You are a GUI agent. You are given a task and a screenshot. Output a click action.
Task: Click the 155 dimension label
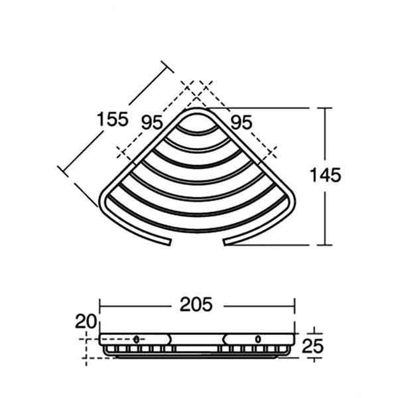(x=113, y=119)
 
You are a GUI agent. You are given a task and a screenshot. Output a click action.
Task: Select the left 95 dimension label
(x=151, y=122)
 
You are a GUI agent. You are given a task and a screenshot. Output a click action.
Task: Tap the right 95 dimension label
(x=241, y=122)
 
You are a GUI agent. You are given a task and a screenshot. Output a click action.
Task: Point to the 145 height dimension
(x=326, y=175)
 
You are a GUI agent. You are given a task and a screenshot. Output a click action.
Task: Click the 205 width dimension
(x=196, y=304)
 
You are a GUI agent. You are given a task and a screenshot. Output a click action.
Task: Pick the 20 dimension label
(x=86, y=321)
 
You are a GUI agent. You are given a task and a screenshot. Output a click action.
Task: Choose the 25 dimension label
(x=312, y=346)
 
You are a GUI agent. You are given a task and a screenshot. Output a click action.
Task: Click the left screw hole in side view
(x=136, y=339)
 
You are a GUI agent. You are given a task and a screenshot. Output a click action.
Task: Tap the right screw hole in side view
(x=258, y=339)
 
